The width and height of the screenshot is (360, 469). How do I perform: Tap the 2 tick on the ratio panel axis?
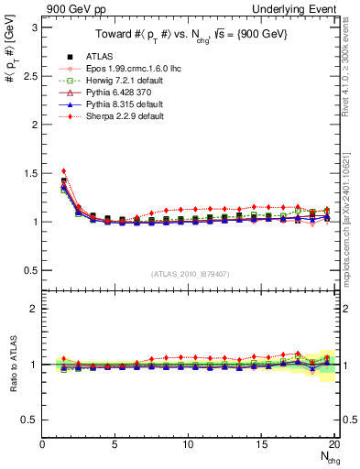35,309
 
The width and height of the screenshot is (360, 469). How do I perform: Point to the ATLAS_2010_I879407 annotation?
190,273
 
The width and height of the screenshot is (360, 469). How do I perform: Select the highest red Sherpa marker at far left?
63,170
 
